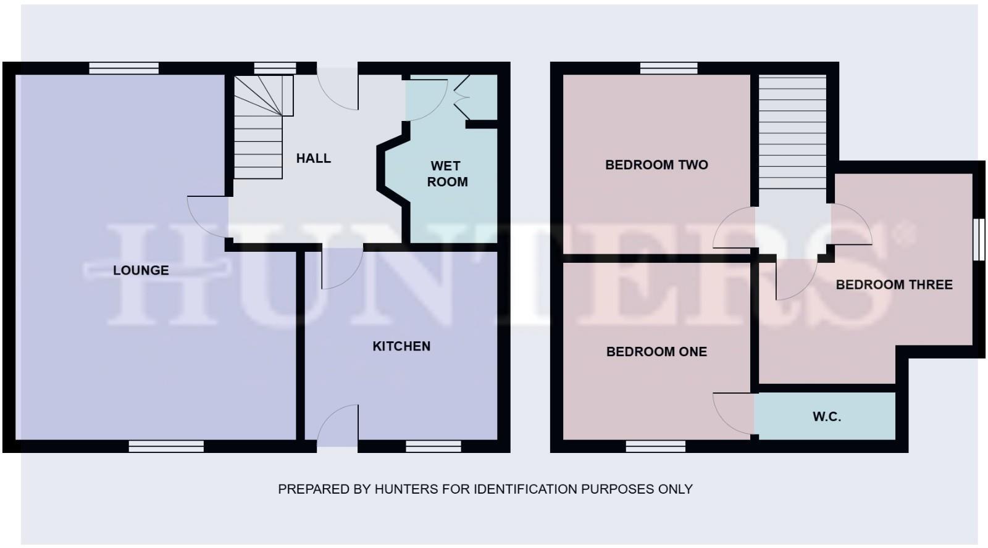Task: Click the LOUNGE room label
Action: pyautogui.click(x=141, y=270)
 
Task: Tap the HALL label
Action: pyautogui.click(x=313, y=159)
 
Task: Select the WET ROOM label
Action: pyautogui.click(x=446, y=174)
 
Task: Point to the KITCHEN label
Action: pyautogui.click(x=401, y=346)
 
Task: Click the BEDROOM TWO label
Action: pyautogui.click(x=656, y=165)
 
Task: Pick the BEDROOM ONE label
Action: pyautogui.click(x=656, y=352)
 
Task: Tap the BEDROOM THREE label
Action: pyautogui.click(x=894, y=284)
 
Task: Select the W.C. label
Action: pyautogui.click(x=826, y=417)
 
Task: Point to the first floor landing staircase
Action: pyautogui.click(x=792, y=132)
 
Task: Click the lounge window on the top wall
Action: pyautogui.click(x=124, y=68)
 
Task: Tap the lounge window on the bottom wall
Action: pyautogui.click(x=166, y=446)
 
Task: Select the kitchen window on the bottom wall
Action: pyautogui.click(x=433, y=446)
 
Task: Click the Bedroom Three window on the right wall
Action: pyautogui.click(x=979, y=240)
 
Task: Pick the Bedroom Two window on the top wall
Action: pyautogui.click(x=669, y=68)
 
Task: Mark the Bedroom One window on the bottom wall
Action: pyautogui.click(x=655, y=446)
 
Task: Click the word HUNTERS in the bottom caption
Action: pyautogui.click(x=406, y=489)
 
